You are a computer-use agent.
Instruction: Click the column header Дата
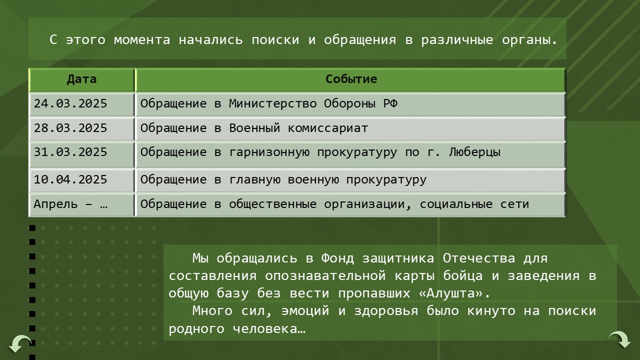click(81, 79)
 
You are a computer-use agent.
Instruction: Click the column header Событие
click(351, 79)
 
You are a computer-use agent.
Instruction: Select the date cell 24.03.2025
click(70, 104)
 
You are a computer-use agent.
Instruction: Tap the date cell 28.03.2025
click(70, 128)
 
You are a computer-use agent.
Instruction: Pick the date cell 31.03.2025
click(70, 152)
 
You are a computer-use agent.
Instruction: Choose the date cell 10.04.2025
click(70, 180)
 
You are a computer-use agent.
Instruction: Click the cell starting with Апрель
click(70, 204)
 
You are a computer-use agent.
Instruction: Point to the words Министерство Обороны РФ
click(313, 104)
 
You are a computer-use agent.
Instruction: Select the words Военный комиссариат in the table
click(298, 128)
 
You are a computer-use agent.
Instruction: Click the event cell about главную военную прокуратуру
click(283, 180)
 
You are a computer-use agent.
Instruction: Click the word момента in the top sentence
click(142, 40)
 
